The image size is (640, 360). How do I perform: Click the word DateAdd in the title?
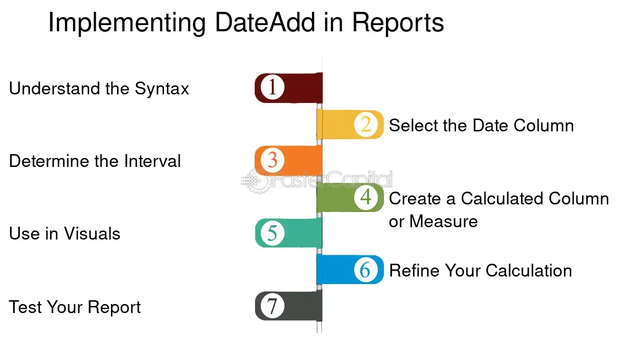pyautogui.click(x=265, y=22)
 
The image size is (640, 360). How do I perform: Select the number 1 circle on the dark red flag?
pyautogui.click(x=272, y=87)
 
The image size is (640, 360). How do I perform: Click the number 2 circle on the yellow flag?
pyautogui.click(x=366, y=124)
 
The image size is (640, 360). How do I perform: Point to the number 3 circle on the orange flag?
pyautogui.click(x=272, y=160)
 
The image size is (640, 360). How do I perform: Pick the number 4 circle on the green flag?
pyautogui.click(x=366, y=197)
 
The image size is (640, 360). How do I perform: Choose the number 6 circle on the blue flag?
pyautogui.click(x=366, y=269)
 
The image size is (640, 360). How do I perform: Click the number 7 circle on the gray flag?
pyautogui.click(x=272, y=306)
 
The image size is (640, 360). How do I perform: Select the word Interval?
pyautogui.click(x=152, y=161)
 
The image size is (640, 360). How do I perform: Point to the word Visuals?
pyautogui.click(x=92, y=234)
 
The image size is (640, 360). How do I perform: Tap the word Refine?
pyautogui.click(x=414, y=270)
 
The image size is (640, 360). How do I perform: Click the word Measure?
pyautogui.click(x=443, y=222)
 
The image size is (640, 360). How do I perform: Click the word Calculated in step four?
pyautogui.click(x=502, y=198)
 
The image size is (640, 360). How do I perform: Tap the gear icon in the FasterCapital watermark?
pyautogui.click(x=256, y=181)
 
